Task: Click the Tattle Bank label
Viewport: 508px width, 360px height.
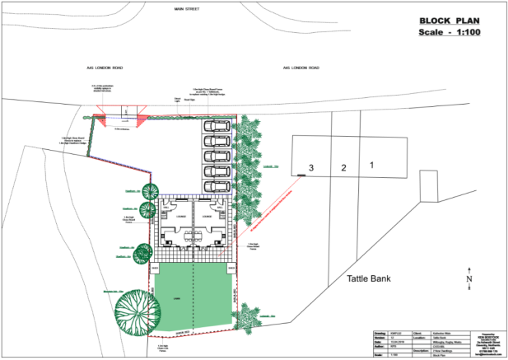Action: [361, 278]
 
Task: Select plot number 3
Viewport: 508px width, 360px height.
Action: [310, 168]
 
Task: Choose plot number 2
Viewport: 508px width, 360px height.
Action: [343, 168]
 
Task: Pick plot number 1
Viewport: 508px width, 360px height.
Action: [372, 165]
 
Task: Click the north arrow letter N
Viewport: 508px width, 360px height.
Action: [468, 278]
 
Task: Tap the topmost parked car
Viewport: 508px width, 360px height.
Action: [217, 128]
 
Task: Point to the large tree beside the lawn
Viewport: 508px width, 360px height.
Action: [135, 311]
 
